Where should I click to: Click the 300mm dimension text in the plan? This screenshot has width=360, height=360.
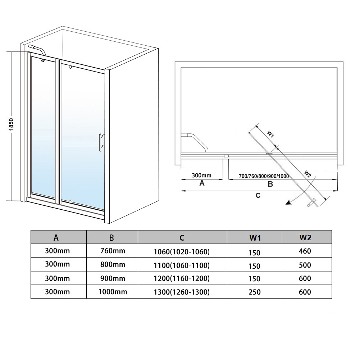pyautogui.click(x=202, y=176)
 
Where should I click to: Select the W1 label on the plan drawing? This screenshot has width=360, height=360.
pyautogui.click(x=270, y=135)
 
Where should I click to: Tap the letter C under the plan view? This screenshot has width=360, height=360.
pyautogui.click(x=258, y=195)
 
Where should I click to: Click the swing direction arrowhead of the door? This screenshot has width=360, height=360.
pyautogui.click(x=288, y=203)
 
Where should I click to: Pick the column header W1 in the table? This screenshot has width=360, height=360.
pyautogui.click(x=254, y=237)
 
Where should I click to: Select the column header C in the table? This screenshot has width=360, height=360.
pyautogui.click(x=182, y=237)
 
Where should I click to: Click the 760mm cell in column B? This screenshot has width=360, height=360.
pyautogui.click(x=112, y=251)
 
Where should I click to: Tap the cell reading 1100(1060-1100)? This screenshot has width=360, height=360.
pyautogui.click(x=182, y=265)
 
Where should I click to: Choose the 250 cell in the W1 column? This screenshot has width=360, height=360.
pyautogui.click(x=254, y=292)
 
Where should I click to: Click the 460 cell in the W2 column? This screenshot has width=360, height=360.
pyautogui.click(x=305, y=251)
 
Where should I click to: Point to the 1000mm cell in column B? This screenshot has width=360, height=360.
pyautogui.click(x=113, y=292)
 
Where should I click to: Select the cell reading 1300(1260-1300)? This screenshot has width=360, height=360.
pyautogui.click(x=182, y=292)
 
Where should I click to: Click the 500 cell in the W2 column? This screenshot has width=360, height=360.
pyautogui.click(x=305, y=265)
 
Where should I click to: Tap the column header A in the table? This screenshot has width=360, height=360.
pyautogui.click(x=56, y=237)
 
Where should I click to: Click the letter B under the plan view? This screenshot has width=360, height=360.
pyautogui.click(x=270, y=184)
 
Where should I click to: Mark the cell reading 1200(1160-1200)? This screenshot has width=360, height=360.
pyautogui.click(x=182, y=278)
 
